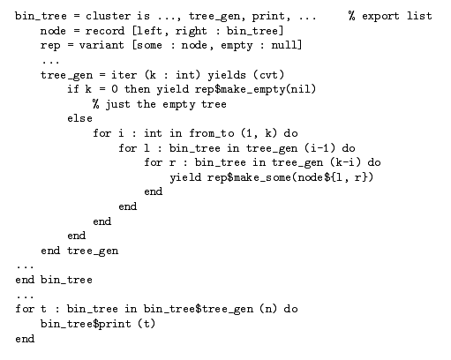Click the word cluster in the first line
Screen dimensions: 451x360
tap(108, 16)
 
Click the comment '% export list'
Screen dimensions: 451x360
tap(390, 16)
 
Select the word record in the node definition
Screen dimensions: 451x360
tap(105, 31)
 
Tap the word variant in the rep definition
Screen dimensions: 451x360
tap(101, 45)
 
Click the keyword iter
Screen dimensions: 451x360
tap(124, 75)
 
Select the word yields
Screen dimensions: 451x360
tap(227, 75)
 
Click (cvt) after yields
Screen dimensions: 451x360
tap(268, 75)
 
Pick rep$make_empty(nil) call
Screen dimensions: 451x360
tap(255, 89)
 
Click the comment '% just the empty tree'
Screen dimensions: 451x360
tap(159, 104)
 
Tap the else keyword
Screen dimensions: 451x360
tap(79, 118)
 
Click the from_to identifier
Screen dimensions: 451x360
tap(212, 133)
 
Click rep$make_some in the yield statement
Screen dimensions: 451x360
tap(249, 177)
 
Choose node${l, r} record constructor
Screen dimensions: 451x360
tap(333, 177)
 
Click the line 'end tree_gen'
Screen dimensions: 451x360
tap(79, 251)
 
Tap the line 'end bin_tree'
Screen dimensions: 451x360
tap(54, 280)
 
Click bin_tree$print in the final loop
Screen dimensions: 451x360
tap(86, 324)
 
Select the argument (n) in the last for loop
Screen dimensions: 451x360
tap(268, 309)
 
